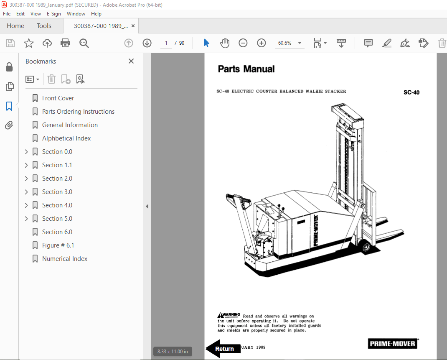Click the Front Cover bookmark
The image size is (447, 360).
click(58, 98)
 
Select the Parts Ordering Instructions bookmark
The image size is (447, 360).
click(78, 112)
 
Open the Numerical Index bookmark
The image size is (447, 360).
click(65, 259)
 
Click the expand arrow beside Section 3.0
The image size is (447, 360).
click(26, 192)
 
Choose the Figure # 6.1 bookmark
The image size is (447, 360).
click(58, 245)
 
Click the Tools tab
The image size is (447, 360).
click(44, 26)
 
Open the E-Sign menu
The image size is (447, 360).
click(53, 14)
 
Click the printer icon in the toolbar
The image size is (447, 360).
click(65, 43)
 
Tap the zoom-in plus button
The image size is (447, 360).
click(262, 43)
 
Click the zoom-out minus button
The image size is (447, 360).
click(243, 43)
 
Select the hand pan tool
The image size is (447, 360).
click(225, 43)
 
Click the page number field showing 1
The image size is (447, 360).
click(166, 43)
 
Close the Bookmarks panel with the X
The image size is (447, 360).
click(131, 61)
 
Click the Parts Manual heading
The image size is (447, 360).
click(246, 69)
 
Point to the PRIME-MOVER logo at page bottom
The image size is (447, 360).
click(392, 344)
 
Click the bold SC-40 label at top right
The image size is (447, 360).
click(411, 92)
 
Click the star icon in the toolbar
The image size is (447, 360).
click(28, 43)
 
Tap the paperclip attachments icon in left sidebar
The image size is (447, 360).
click(9, 125)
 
